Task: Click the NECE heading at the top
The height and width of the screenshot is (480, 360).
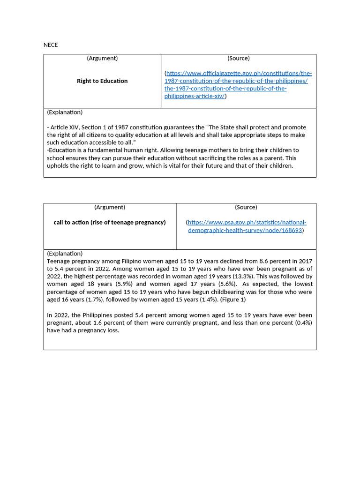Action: pyautogui.click(x=51, y=45)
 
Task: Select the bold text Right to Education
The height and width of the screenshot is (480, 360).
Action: pyautogui.click(x=102, y=81)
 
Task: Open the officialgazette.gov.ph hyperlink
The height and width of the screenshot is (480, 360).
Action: pyautogui.click(x=239, y=84)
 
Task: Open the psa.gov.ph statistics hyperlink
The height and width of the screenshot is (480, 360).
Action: pyautogui.click(x=246, y=226)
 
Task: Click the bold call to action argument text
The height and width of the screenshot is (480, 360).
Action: pyautogui.click(x=110, y=222)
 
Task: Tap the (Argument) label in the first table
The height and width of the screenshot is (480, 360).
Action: pyautogui.click(x=102, y=58)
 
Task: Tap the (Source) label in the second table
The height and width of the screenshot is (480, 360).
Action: pyautogui.click(x=246, y=207)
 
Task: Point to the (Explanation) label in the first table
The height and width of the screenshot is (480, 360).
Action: pyautogui.click(x=65, y=112)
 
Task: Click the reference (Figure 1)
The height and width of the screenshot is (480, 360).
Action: pyautogui.click(x=232, y=299)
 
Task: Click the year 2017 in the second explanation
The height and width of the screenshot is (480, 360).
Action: pyautogui.click(x=305, y=261)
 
